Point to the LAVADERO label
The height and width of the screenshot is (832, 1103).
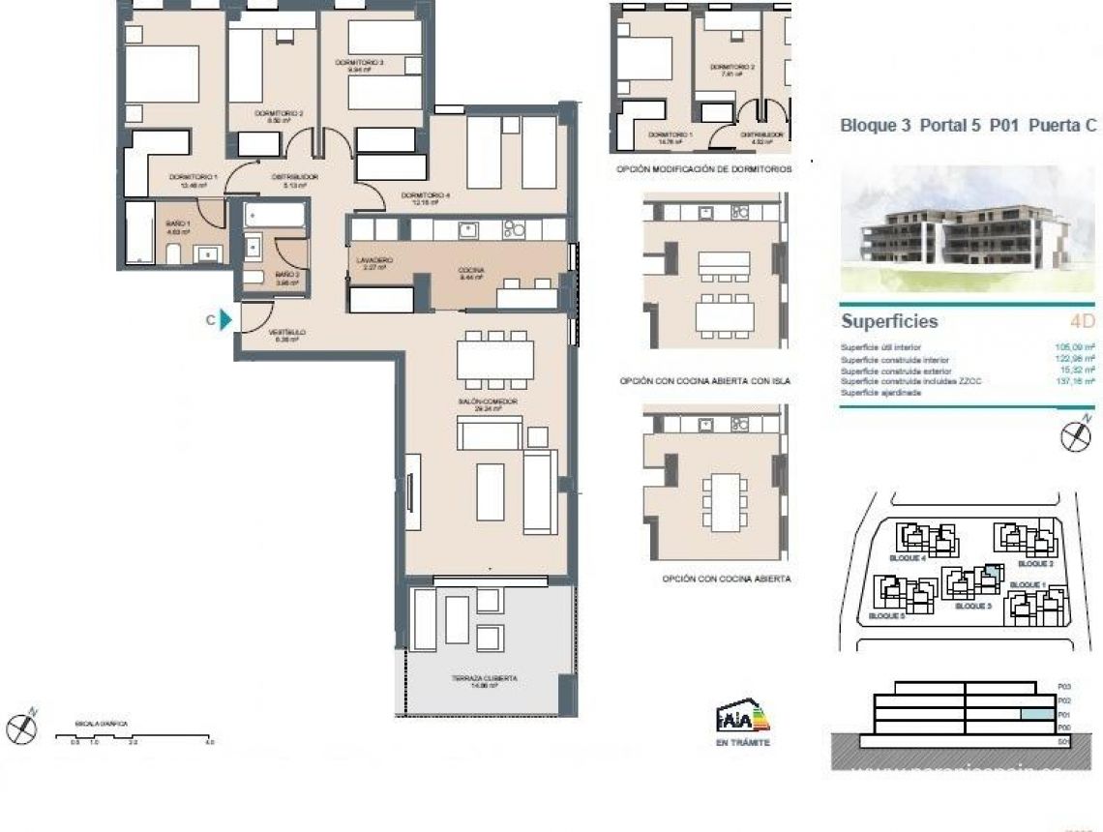pos(373,262)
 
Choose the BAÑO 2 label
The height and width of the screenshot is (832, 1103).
pos(287,276)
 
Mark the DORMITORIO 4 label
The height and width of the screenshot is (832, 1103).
pos(426,199)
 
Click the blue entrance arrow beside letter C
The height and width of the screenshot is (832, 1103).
pos(226,320)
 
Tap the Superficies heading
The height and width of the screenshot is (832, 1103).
pos(888,321)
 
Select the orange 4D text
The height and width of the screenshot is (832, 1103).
pos(1082,321)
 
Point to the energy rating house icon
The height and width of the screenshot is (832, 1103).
pos(742,718)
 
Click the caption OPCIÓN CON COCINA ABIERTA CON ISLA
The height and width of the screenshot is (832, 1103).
pos(704,381)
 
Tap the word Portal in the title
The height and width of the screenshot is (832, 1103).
pos(941,125)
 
